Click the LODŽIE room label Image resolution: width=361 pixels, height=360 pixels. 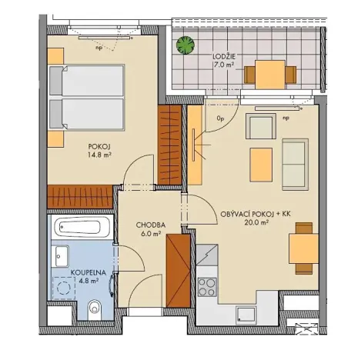[225, 56]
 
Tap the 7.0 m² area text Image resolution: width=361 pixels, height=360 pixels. [225, 66]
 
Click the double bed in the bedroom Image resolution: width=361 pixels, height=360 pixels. [86, 98]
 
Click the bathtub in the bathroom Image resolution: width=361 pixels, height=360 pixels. [82, 229]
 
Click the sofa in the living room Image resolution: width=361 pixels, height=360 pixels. [295, 160]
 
